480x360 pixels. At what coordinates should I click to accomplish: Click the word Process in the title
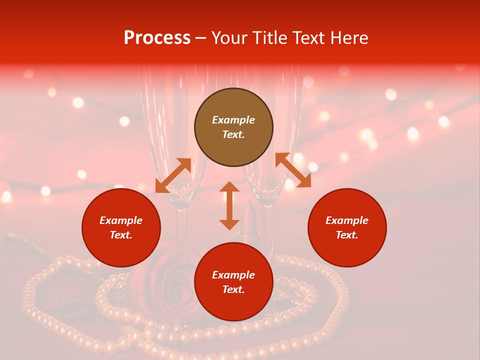point(157,38)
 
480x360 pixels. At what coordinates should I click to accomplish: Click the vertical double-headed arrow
point(229,205)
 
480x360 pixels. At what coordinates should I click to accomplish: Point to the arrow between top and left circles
point(173,175)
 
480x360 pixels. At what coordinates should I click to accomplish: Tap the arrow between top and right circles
point(293,170)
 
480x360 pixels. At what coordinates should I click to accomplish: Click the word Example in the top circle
point(233,120)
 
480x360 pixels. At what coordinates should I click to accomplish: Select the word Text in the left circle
point(121,235)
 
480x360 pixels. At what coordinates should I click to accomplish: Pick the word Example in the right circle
point(347,220)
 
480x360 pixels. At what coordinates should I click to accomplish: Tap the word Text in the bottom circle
point(233,289)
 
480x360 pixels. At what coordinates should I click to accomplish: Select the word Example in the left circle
point(121,220)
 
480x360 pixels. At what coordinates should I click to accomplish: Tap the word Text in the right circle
point(347,235)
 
